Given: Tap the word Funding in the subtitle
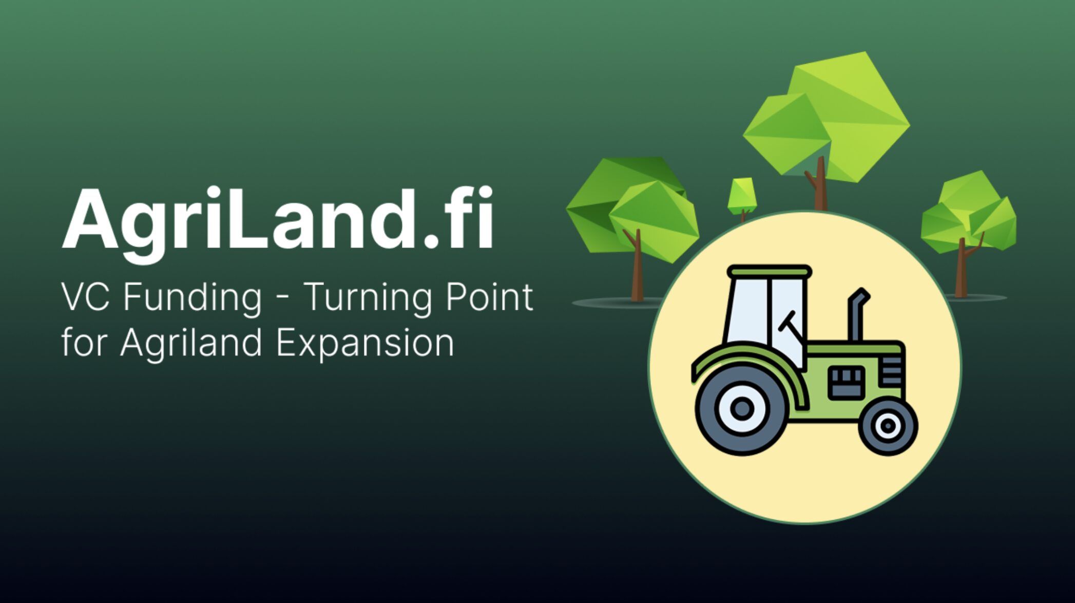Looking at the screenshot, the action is (x=193, y=298).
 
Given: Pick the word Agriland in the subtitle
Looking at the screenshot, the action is (x=191, y=343).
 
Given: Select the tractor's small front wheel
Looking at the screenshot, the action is (x=888, y=426).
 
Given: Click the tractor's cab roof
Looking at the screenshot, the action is (x=770, y=271).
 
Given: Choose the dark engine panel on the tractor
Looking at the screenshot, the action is (x=847, y=382).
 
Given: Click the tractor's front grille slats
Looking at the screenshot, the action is (x=892, y=371).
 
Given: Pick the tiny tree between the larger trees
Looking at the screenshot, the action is (x=742, y=197).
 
